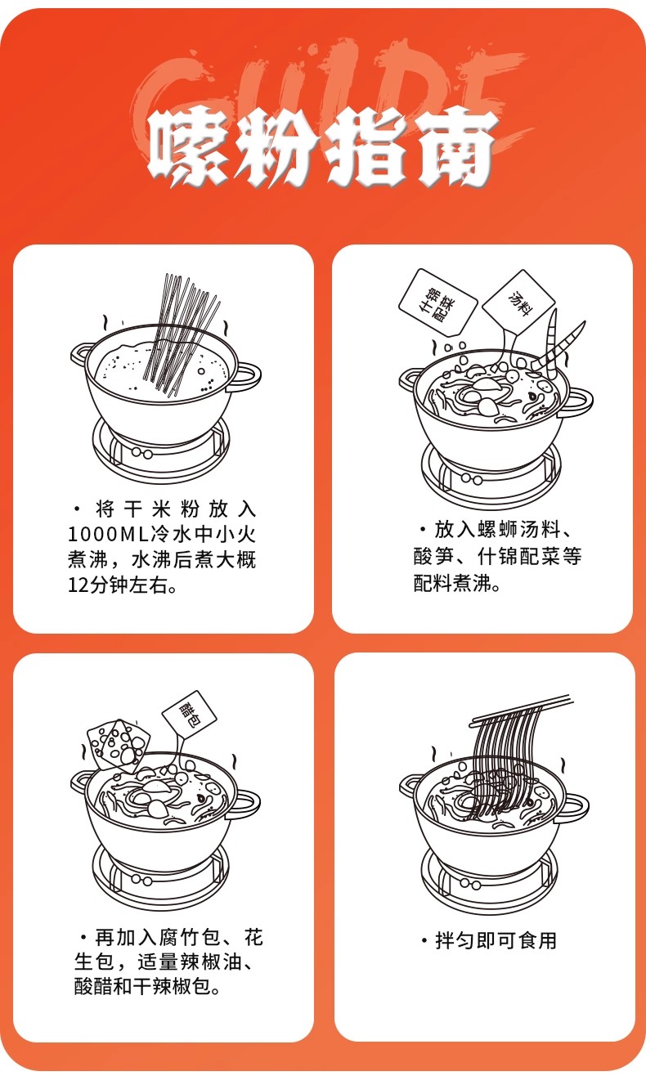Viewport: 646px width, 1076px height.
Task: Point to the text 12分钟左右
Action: [x=122, y=585]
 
